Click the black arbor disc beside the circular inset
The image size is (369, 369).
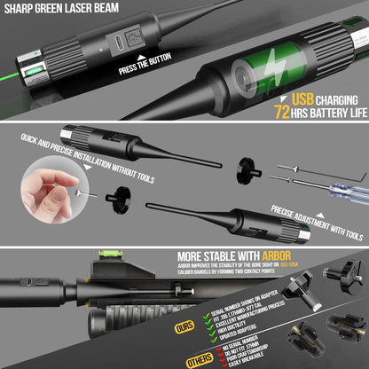click(113, 193)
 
